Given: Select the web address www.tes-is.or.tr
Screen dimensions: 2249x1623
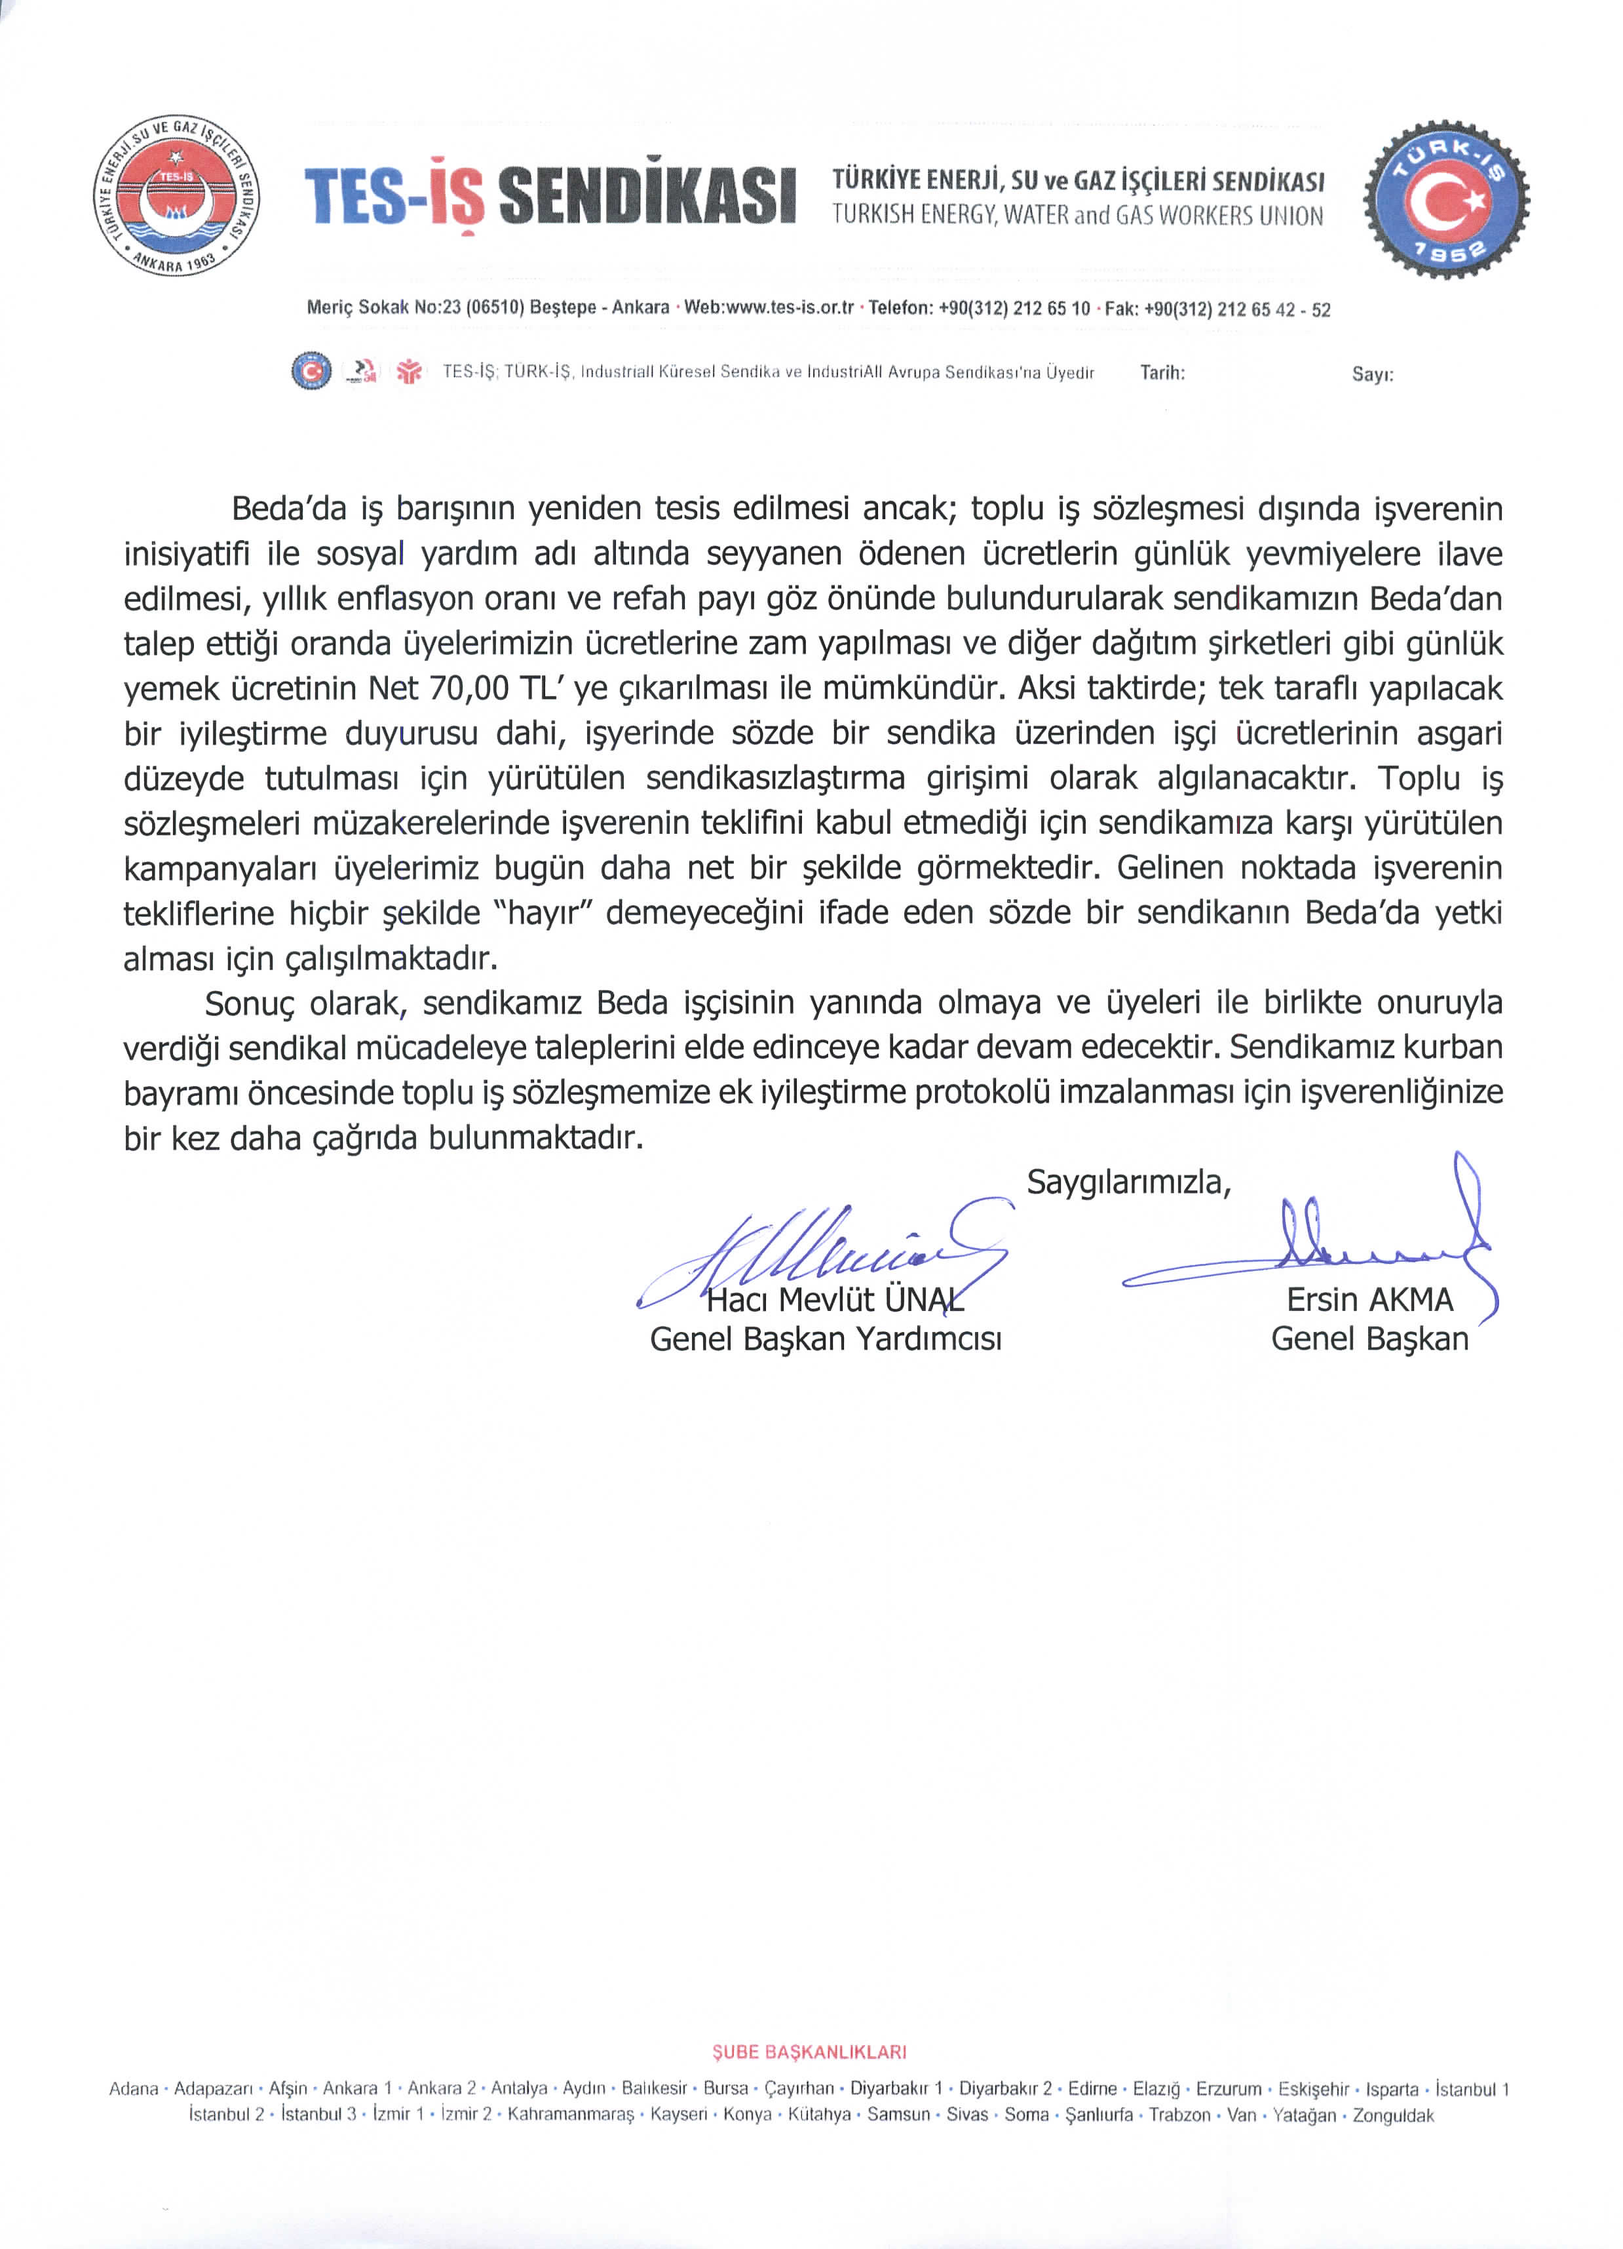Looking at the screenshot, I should pyautogui.click(x=790, y=308).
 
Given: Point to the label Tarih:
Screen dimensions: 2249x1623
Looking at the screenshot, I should pyautogui.click(x=1162, y=374).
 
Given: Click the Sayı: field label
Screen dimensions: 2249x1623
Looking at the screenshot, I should pyautogui.click(x=1372, y=375).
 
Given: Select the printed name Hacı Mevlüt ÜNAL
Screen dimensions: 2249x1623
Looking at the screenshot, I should pyautogui.click(x=835, y=1299).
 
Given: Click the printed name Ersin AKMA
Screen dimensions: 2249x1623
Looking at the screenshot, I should pyautogui.click(x=1369, y=1299).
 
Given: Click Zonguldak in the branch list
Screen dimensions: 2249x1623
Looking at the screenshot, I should pyautogui.click(x=1393, y=2115).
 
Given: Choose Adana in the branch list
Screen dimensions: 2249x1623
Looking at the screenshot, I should pyautogui.click(x=134, y=2089).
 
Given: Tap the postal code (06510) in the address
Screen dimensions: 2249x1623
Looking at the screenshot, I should pyautogui.click(x=495, y=308).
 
